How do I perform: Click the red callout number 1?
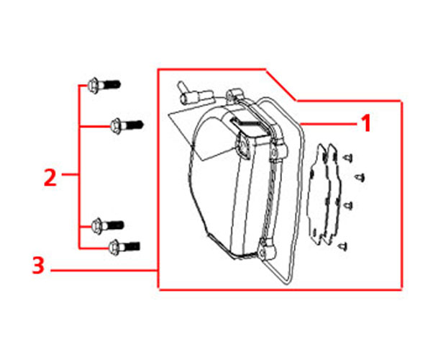coord(365,123)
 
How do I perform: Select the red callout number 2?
coord(50,177)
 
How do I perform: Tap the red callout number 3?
coord(38,265)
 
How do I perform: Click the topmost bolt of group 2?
coord(104,85)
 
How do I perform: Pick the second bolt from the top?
coord(127,125)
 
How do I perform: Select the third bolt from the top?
coord(107,225)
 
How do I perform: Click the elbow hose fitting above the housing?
coord(194,93)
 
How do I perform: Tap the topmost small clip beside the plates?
coord(347,158)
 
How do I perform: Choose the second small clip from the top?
coord(360,178)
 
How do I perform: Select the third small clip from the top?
coord(348,205)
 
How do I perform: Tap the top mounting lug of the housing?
coord(235,94)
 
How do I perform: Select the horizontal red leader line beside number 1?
coord(328,124)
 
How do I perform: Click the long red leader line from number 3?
coord(104,270)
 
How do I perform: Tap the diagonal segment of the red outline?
coord(281,85)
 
